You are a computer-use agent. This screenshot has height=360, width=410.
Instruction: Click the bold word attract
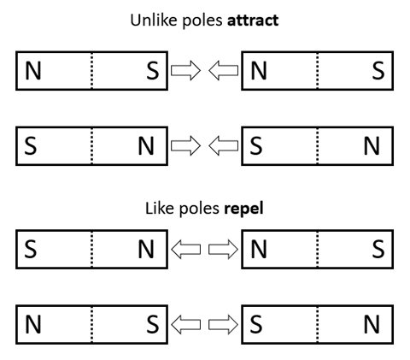[253, 21]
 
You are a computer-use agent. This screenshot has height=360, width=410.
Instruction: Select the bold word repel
[243, 209]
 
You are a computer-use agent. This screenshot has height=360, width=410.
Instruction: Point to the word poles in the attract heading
[202, 21]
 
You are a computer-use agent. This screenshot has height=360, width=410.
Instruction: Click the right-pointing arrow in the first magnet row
[185, 70]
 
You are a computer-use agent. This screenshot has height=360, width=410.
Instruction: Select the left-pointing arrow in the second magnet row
[224, 145]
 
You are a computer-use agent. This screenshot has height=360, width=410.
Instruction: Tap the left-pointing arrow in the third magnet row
[185, 250]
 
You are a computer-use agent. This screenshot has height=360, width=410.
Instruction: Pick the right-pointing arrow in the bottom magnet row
[224, 324]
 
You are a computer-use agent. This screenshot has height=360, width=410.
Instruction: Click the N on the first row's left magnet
[33, 71]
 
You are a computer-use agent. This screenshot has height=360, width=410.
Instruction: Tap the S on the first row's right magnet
[378, 71]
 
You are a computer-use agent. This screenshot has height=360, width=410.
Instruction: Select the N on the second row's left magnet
[146, 146]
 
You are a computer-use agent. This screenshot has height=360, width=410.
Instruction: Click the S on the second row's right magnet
[256, 146]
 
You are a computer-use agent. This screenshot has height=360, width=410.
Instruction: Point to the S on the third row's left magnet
[31, 250]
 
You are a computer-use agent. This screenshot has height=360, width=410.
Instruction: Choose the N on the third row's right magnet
[259, 250]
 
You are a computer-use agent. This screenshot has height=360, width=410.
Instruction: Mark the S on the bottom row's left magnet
[153, 325]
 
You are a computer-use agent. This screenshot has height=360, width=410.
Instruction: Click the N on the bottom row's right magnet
[372, 325]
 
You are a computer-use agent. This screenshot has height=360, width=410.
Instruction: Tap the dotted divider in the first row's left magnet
[91, 71]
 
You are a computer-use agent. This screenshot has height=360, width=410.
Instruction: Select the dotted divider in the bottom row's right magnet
[318, 325]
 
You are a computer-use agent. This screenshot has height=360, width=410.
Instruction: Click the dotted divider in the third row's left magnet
[91, 250]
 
